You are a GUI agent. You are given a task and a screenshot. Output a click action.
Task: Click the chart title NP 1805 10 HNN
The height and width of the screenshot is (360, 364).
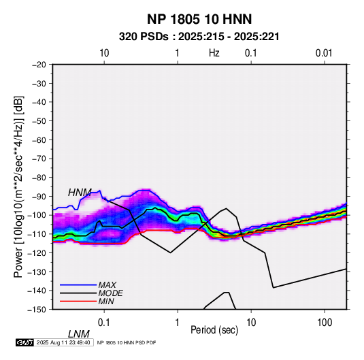pyautogui.click(x=199, y=19)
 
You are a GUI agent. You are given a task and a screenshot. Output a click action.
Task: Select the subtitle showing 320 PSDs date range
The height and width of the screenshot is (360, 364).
pyautogui.click(x=199, y=37)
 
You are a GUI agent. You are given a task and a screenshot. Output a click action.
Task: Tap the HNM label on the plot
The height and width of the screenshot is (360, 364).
pyautogui.click(x=80, y=193)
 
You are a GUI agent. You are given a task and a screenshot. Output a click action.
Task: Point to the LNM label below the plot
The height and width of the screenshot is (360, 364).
pyautogui.click(x=79, y=334)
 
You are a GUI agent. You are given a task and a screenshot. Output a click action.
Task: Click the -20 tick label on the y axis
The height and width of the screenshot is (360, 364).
pyautogui.click(x=39, y=65)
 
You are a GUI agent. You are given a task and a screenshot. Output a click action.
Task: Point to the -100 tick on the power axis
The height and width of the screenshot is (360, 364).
pyautogui.click(x=37, y=215)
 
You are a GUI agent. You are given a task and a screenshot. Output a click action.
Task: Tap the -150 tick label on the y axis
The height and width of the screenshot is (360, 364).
pyautogui.click(x=37, y=310)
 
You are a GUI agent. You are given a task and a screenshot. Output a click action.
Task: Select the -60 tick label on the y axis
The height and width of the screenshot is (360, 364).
pyautogui.click(x=39, y=140)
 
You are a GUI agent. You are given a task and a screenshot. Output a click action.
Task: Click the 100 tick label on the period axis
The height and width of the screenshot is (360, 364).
pyautogui.click(x=325, y=323)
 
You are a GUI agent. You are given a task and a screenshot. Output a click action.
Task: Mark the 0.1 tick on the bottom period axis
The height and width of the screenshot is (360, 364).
pyautogui.click(x=104, y=323)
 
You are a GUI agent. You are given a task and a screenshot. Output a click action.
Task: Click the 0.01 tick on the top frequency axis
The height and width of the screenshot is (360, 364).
pyautogui.click(x=324, y=53)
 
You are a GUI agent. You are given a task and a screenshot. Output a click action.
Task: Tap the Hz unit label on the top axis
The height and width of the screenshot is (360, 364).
pyautogui.click(x=214, y=53)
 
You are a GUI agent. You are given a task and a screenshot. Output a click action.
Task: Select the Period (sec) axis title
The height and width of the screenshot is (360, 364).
pyautogui.click(x=214, y=330)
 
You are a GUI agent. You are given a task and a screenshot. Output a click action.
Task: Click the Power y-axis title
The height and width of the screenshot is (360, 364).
pyautogui.click(x=18, y=187)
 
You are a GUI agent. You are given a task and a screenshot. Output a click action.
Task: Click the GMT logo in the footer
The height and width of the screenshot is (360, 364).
pyautogui.click(x=24, y=342)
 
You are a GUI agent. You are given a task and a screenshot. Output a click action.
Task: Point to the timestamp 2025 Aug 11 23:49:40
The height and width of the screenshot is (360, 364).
pyautogui.click(x=63, y=342)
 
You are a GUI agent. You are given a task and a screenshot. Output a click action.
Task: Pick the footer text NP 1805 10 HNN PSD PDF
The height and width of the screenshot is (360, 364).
pyautogui.click(x=127, y=342)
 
